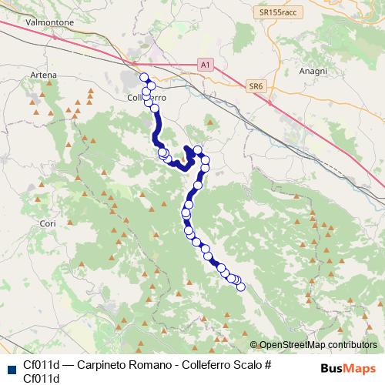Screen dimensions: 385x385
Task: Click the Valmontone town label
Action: click(x=49, y=23)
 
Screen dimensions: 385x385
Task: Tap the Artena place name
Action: click(x=44, y=74)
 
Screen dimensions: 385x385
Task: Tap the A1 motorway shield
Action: click(x=204, y=65)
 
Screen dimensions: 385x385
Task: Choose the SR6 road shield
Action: click(x=256, y=87)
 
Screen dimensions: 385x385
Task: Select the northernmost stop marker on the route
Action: click(x=143, y=76)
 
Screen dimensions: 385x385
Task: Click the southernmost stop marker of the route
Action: click(x=240, y=287)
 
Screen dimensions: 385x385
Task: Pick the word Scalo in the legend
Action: click(x=246, y=364)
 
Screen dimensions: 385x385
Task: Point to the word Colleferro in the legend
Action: click(x=197, y=364)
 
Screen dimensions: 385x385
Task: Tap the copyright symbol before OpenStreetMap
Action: click(x=254, y=345)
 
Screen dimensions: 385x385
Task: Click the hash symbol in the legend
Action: click(x=267, y=364)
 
